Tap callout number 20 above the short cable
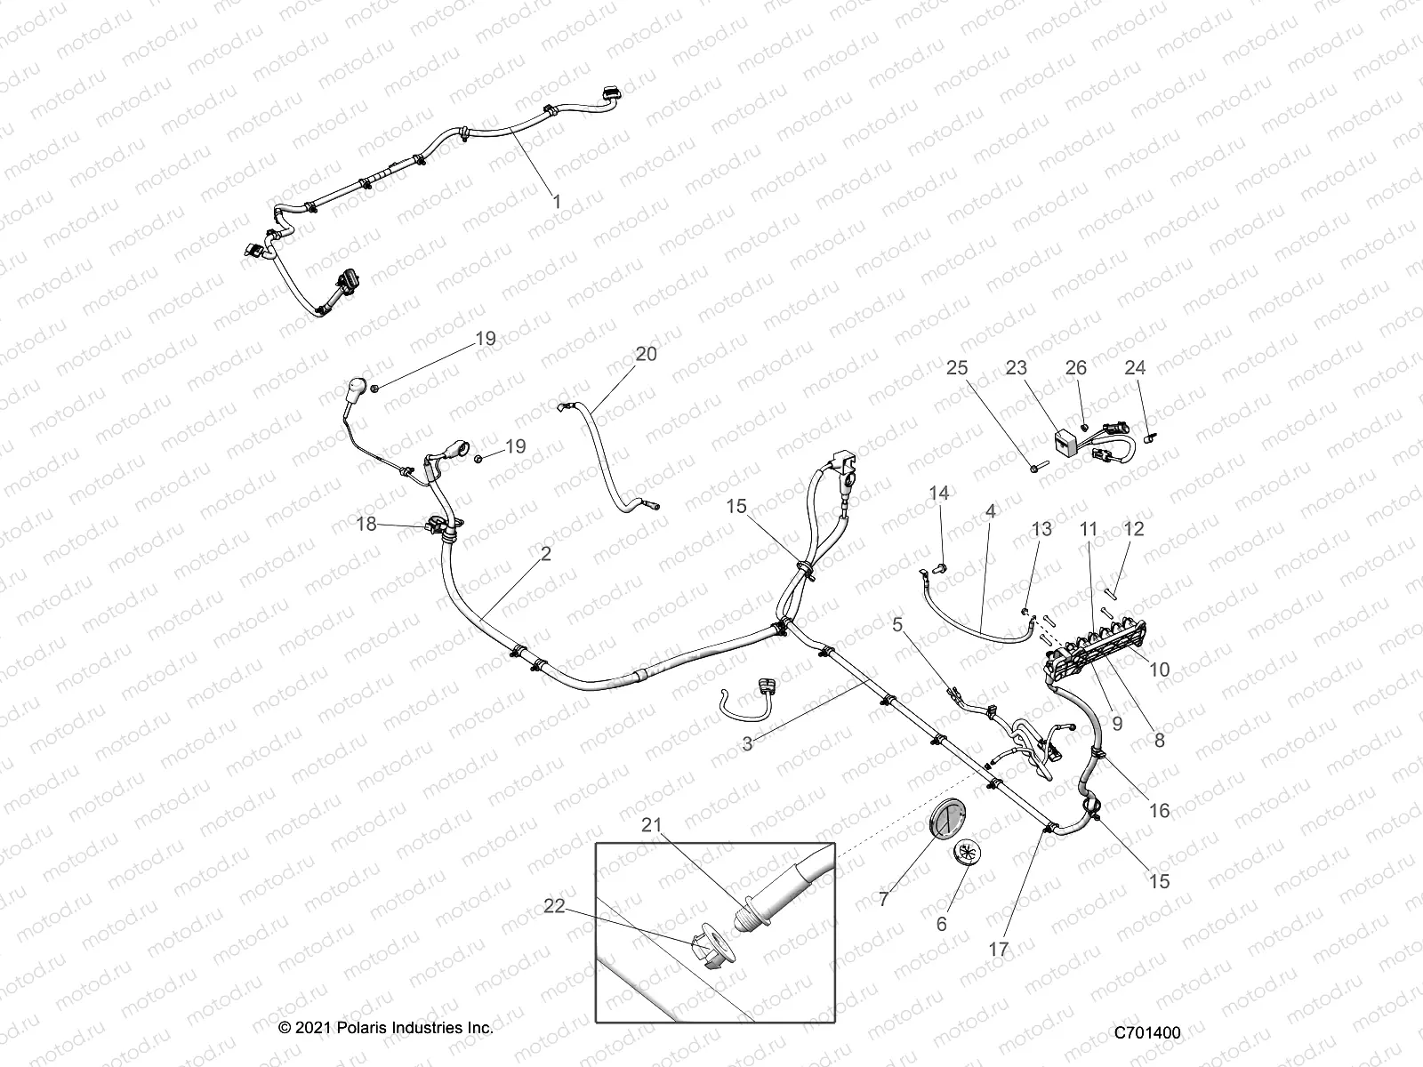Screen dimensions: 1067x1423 pyautogui.click(x=646, y=354)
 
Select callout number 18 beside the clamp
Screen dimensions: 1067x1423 pyautogui.click(x=366, y=525)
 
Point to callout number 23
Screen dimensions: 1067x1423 pyautogui.click(x=1017, y=368)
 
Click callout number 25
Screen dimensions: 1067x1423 pyautogui.click(x=957, y=368)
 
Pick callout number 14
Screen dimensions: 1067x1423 pyautogui.click(x=939, y=493)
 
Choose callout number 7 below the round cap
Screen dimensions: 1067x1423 pyautogui.click(x=883, y=900)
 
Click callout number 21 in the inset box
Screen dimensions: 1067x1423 pyautogui.click(x=653, y=826)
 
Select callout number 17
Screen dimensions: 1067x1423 pyautogui.click(x=999, y=950)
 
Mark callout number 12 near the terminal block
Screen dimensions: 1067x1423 pyautogui.click(x=1134, y=529)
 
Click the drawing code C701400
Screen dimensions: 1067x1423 pyautogui.click(x=1147, y=1033)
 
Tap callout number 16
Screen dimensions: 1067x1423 pyautogui.click(x=1160, y=811)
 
